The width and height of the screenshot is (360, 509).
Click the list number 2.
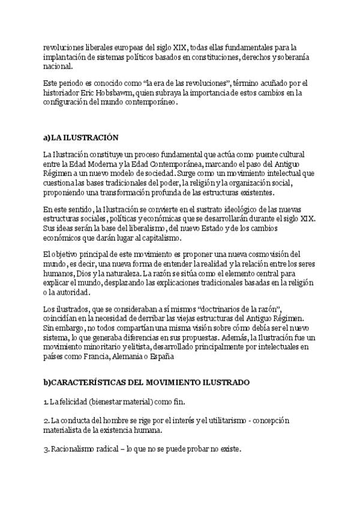pos(45,420)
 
